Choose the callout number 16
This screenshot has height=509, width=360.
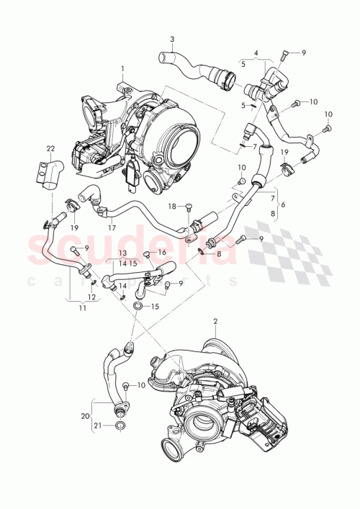(x=163, y=253)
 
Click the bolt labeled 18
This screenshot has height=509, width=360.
(x=187, y=209)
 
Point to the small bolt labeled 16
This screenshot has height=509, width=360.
(x=146, y=253)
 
